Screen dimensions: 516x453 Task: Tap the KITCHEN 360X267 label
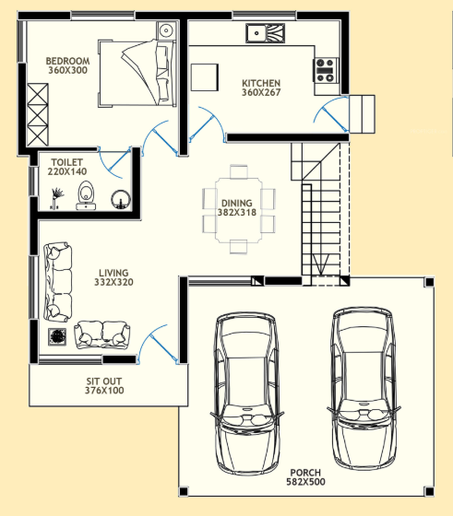click(x=261, y=87)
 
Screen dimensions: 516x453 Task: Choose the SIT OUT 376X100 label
click(x=103, y=385)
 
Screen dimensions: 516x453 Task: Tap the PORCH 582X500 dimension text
click(x=305, y=475)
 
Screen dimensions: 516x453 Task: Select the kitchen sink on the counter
click(x=265, y=33)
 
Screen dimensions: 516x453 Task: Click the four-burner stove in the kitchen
click(x=326, y=66)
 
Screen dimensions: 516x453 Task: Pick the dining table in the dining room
click(x=240, y=208)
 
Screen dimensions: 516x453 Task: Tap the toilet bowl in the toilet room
click(x=87, y=194)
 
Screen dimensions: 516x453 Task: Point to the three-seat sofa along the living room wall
click(x=57, y=279)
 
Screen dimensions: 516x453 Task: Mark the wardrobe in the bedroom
click(x=37, y=114)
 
